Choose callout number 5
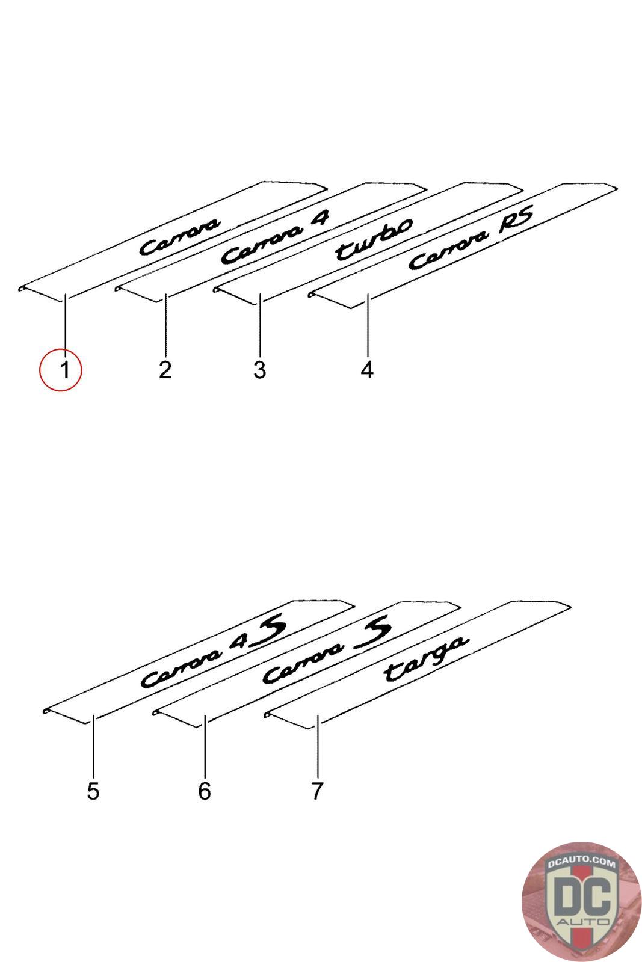coord(93,791)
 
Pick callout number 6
coord(205,791)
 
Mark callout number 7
coord(317,791)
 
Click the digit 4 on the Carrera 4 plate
coord(320,217)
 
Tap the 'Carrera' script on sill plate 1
coord(180,237)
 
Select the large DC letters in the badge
coord(582,898)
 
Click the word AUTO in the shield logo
coord(582,922)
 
